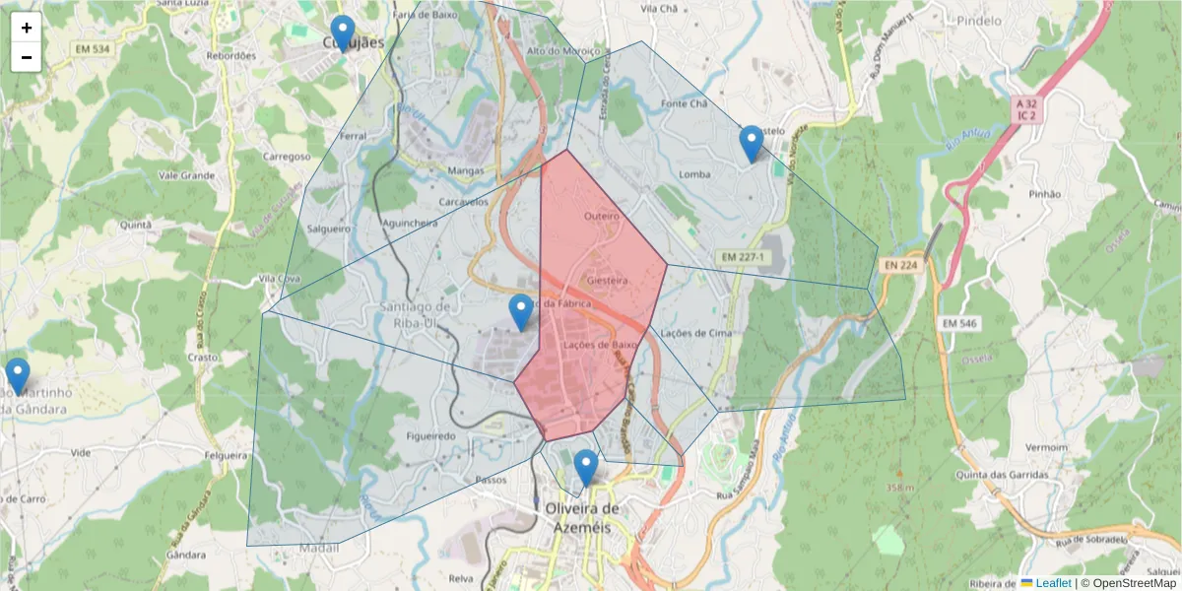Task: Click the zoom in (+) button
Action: tap(27, 28)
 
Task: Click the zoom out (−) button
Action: tap(27, 57)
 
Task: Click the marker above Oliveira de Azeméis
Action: tap(586, 468)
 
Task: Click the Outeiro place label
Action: tap(601, 215)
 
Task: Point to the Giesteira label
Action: tap(607, 281)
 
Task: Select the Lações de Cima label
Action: tap(697, 333)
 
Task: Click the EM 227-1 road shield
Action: tap(742, 256)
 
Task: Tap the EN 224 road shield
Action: tap(900, 264)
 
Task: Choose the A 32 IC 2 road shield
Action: tap(1026, 108)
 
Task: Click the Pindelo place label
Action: tap(978, 21)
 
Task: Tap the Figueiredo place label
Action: tap(430, 435)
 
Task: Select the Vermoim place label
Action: tap(1046, 447)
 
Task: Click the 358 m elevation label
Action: tap(899, 488)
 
